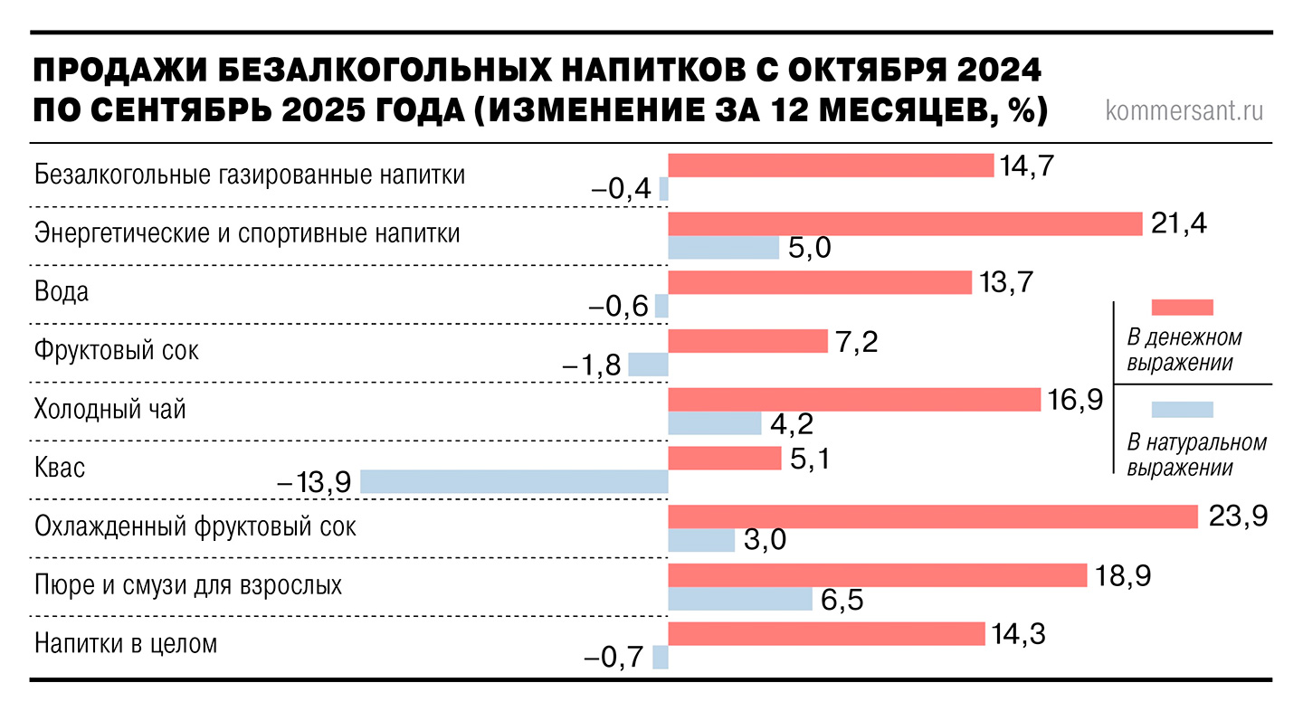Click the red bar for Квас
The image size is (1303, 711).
724,459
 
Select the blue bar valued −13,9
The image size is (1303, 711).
514,482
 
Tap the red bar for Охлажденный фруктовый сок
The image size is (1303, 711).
933,517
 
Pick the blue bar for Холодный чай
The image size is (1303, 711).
714,423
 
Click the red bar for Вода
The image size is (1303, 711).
819,283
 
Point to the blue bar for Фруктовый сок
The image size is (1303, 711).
648,365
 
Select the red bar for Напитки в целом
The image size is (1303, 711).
825,634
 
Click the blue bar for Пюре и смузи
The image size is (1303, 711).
739,599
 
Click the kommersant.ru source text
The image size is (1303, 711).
1184,111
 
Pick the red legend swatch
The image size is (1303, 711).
1182,306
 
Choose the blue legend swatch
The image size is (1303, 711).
1182,409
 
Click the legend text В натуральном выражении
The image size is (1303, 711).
1196,455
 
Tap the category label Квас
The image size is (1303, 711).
60,469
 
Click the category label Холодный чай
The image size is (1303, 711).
109,410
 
